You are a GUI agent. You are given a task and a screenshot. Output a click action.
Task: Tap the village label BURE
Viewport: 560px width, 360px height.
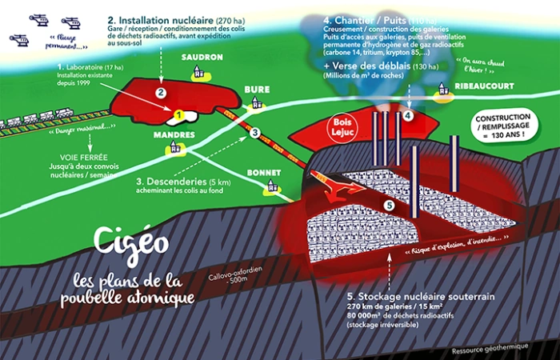click(257, 90)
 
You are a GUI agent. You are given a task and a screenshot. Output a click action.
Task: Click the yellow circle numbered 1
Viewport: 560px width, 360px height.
click(179, 115)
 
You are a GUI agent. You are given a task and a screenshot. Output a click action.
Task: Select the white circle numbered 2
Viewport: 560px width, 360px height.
click(162, 93)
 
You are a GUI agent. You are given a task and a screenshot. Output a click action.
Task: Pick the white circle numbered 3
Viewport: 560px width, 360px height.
click(255, 133)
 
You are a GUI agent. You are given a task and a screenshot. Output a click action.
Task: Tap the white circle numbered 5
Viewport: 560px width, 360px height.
click(390, 206)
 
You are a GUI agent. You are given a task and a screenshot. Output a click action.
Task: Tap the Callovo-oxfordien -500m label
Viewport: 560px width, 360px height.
click(214, 274)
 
